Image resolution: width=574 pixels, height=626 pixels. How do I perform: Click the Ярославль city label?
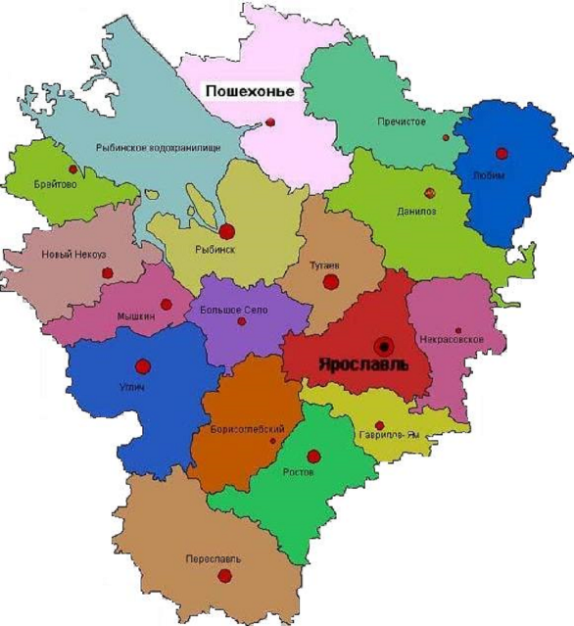coord(361,362)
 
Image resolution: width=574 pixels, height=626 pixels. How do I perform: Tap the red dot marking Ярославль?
coord(384,345)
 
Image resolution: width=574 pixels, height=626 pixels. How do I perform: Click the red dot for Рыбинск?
coord(227,232)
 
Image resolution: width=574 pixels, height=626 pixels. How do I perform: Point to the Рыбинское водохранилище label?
coord(158,147)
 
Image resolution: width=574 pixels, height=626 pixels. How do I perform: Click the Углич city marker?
coord(143,366)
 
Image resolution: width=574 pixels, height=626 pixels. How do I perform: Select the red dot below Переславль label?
coord(224,576)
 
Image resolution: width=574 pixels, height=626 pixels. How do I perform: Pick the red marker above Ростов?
coord(313,456)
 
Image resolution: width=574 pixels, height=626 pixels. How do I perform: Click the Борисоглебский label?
coord(248,430)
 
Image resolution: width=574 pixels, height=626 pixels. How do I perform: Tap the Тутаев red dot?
coord(331,282)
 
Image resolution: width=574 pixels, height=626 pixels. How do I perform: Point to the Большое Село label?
coord(230,309)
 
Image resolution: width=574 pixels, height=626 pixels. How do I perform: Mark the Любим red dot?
coord(502,153)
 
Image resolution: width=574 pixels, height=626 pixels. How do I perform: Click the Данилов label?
coord(416,211)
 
